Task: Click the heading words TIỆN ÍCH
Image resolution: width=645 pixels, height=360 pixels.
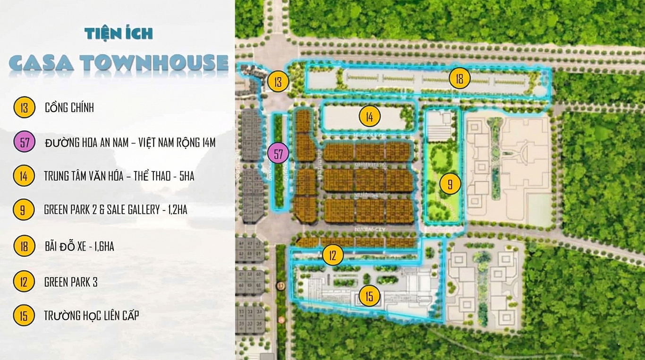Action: click(119, 34)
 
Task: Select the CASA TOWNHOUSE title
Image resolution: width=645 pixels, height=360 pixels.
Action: click(119, 63)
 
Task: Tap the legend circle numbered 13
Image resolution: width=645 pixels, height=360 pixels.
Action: click(24, 108)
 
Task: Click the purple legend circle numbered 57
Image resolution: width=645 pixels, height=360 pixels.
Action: click(24, 142)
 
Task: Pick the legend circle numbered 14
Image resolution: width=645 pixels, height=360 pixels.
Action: click(24, 176)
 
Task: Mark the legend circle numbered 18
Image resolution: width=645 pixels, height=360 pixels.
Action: click(24, 246)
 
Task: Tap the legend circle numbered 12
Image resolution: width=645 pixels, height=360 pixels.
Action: click(24, 282)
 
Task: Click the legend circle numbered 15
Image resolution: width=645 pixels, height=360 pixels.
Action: click(24, 316)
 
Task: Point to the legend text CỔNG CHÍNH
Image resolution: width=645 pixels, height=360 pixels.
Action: click(69, 108)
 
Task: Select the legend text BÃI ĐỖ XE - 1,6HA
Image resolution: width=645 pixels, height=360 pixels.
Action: click(79, 246)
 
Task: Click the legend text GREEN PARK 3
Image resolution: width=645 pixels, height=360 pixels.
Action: click(71, 283)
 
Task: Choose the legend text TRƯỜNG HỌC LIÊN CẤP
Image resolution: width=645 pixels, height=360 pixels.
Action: click(91, 316)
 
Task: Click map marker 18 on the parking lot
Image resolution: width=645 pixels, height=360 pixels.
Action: click(459, 78)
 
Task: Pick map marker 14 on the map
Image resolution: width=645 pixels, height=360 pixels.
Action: click(369, 116)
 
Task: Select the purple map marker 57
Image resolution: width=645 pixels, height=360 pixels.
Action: click(278, 154)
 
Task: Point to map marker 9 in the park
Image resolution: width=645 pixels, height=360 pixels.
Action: click(450, 184)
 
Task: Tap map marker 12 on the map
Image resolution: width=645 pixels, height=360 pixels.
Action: click(333, 256)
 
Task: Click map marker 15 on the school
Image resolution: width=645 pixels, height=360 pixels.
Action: click(369, 297)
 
